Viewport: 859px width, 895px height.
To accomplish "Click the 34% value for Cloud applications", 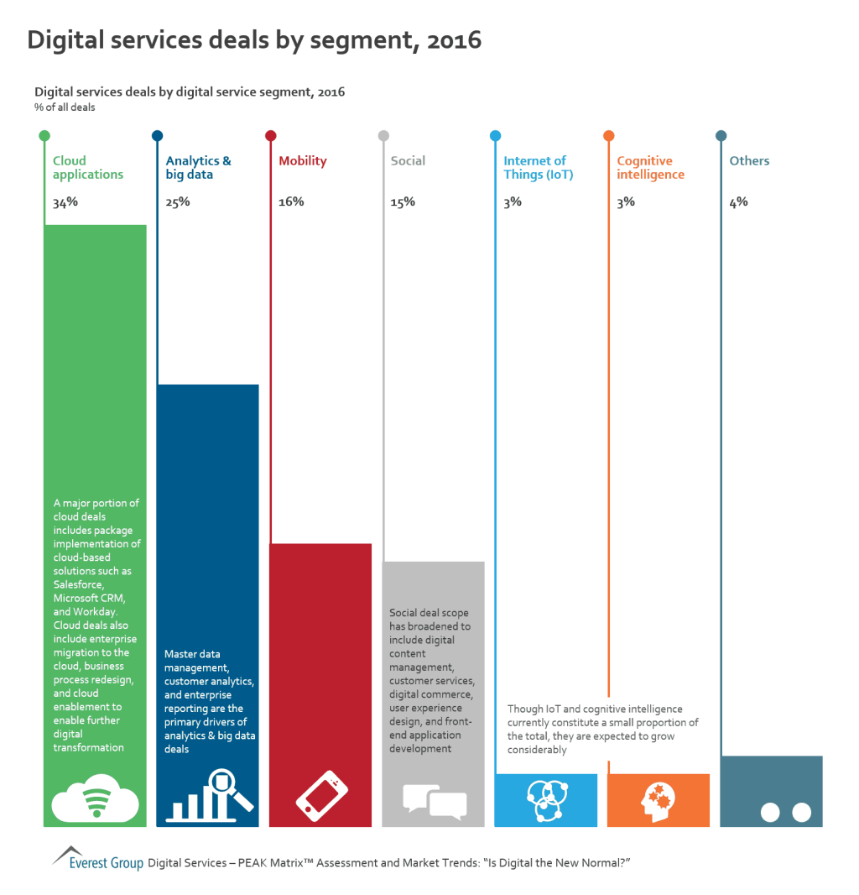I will point(65,202).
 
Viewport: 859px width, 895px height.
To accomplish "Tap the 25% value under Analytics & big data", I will point(178,202).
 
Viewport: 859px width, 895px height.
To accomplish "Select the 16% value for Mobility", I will point(291,202).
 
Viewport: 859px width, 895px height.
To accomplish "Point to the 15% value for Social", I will point(403,202).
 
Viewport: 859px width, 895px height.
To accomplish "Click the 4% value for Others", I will point(738,202).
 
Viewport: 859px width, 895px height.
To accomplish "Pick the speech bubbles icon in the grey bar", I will point(434,801).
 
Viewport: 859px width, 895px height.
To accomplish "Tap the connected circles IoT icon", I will point(546,800).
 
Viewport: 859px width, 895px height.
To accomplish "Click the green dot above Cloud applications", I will point(44,135).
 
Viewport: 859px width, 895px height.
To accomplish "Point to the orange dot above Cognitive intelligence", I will point(608,135).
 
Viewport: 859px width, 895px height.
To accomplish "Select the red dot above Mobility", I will point(270,135).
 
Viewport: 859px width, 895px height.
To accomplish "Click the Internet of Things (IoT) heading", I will point(535,168).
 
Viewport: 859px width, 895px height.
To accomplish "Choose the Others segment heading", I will point(749,161).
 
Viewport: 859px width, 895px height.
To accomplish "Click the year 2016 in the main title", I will point(452,39).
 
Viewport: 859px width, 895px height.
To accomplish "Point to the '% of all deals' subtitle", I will point(65,107).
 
